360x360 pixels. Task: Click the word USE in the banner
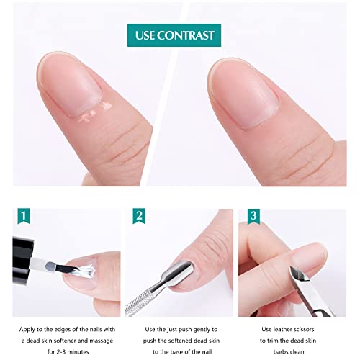145,35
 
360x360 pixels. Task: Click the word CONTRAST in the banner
186,35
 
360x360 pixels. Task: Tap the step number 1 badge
24,216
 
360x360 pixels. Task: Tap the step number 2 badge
139,216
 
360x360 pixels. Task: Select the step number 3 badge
253,216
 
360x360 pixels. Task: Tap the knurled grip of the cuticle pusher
139,302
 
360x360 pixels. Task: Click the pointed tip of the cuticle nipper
292,268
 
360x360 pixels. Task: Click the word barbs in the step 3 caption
280,352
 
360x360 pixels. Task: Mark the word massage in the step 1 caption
102,341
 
